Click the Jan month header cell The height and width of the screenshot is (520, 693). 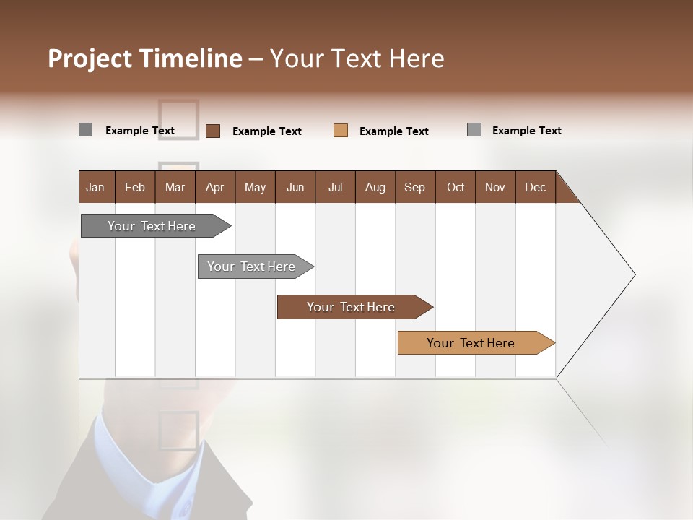96,187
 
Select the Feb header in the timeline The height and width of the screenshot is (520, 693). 135,187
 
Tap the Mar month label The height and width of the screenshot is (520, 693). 175,187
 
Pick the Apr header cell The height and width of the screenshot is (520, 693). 215,187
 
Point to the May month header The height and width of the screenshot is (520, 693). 255,187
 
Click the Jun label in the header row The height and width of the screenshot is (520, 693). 295,187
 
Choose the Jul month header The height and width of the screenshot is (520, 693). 335,187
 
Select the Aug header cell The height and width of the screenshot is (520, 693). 375,187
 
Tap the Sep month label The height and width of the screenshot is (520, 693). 415,187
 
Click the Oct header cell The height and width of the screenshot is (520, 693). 456,187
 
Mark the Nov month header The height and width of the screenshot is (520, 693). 495,187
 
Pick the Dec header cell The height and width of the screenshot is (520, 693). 536,187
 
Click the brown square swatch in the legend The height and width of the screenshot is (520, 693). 213,131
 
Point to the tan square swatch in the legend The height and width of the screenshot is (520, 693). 341,131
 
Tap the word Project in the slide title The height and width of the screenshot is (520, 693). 90,58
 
